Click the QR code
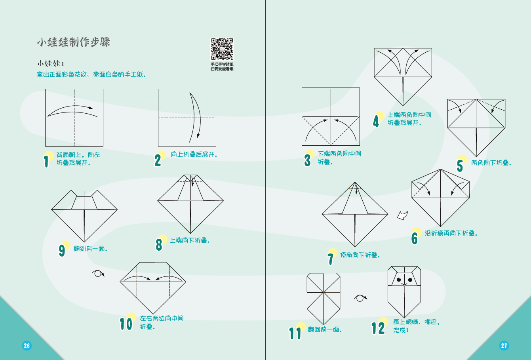pos(222,49)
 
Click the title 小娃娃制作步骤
pos(74,42)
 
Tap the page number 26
pos(27,345)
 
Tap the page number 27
pos(504,345)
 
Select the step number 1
pos(46,161)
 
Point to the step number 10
pos(126,324)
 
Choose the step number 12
pos(378,328)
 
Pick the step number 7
pos(331,259)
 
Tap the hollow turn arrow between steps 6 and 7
pos(402,215)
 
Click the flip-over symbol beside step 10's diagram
pos(98,273)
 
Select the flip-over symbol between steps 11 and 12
pos(360,298)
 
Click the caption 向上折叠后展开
pos(194,154)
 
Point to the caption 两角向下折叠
pos(491,163)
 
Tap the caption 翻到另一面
pos(91,249)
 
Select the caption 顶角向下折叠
pos(360,255)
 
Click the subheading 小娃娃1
pos(51,63)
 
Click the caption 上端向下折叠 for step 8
pos(190,240)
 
